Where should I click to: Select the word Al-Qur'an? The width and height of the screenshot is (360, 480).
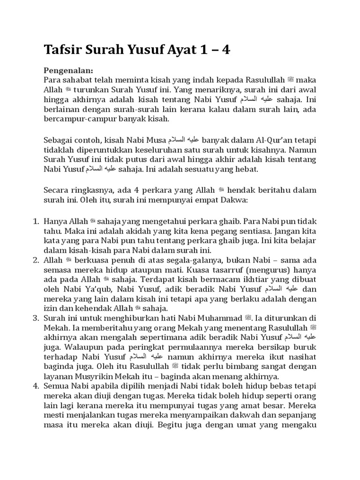tap(259, 140)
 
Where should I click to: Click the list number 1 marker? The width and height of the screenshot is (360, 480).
tap(36, 220)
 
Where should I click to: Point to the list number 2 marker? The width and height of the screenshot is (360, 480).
tap(36, 259)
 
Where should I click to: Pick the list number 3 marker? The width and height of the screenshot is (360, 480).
tap(36, 318)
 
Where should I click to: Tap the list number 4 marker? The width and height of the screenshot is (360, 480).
tap(36, 386)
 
